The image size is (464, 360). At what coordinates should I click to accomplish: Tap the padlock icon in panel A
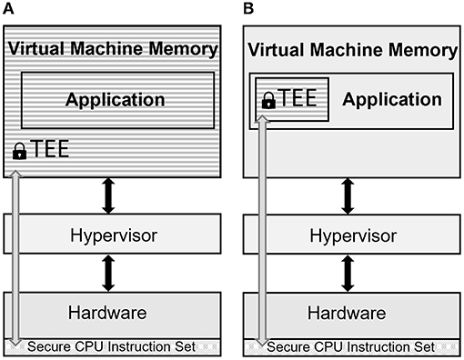pos(19,153)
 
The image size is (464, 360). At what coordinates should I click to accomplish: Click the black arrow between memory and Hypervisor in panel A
pos(114,194)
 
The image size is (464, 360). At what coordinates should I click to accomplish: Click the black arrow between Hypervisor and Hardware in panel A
pos(114,272)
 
